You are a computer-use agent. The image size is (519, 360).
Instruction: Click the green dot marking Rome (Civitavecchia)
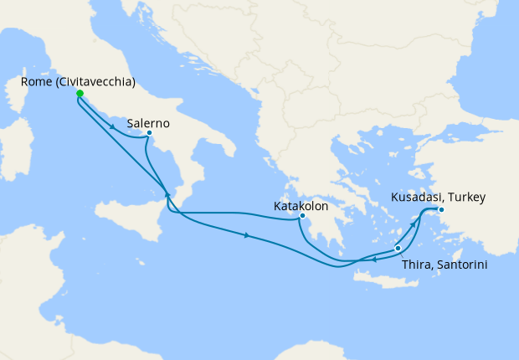(79, 94)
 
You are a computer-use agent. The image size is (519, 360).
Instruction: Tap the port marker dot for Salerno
(148, 132)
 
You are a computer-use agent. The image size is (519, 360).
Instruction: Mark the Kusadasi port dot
(442, 210)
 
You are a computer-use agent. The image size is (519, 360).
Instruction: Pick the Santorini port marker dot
(398, 249)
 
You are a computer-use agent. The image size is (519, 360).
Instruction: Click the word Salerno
(150, 122)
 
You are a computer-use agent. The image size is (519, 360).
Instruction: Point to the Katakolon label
(301, 204)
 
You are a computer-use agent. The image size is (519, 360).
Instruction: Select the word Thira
(417, 265)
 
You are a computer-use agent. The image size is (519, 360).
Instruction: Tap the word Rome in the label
(33, 83)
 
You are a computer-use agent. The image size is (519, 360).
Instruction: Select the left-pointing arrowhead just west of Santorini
(373, 260)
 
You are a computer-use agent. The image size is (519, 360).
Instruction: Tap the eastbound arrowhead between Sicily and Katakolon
(246, 235)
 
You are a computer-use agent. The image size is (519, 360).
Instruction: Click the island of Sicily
(134, 226)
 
